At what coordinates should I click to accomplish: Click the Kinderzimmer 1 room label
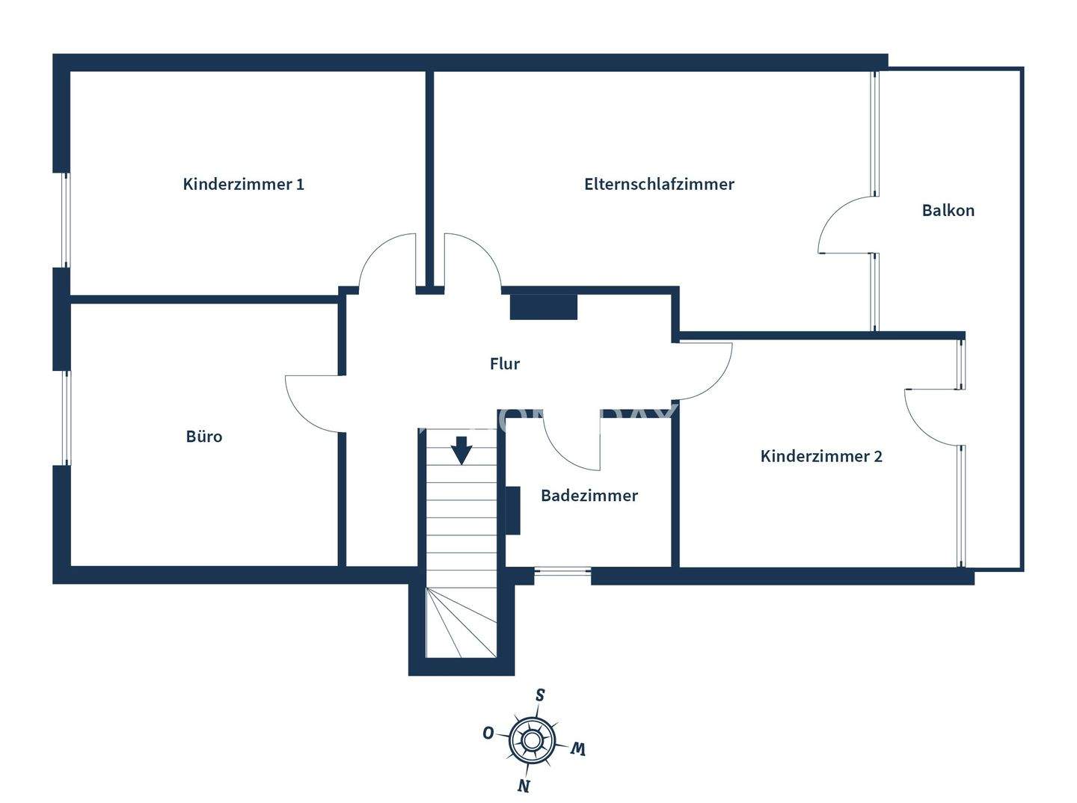(243, 184)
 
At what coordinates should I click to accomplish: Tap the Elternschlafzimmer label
(659, 184)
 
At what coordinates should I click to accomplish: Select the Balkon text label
(948, 210)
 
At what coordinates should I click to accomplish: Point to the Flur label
(504, 364)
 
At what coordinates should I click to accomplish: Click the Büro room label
(203, 436)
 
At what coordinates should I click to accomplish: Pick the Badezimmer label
(589, 495)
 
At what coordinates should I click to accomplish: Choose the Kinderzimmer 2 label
(820, 456)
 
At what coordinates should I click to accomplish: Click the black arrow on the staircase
(461, 450)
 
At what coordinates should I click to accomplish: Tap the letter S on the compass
(540, 695)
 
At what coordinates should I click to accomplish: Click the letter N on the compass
(524, 785)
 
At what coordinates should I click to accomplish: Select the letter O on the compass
(488, 733)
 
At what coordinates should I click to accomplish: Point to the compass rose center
(532, 740)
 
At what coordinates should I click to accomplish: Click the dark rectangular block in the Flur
(544, 307)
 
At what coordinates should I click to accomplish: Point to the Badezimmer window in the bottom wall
(562, 573)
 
